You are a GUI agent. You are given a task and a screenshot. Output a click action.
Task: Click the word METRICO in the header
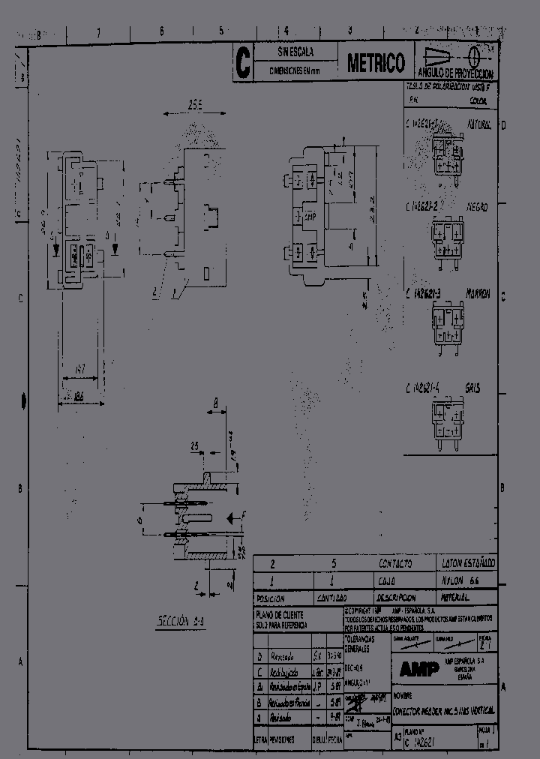(376, 64)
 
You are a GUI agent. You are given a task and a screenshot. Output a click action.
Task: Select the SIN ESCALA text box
(295, 52)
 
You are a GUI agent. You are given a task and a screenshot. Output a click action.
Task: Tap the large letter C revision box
(242, 63)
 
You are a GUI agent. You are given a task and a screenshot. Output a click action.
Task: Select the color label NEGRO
(478, 204)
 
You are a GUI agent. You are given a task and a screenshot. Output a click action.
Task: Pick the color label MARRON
(477, 294)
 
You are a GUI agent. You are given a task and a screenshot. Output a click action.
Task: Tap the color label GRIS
(472, 388)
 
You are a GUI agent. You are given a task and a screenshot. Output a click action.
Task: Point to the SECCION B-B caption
(179, 622)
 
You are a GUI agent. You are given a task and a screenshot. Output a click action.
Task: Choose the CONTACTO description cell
(395, 562)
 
